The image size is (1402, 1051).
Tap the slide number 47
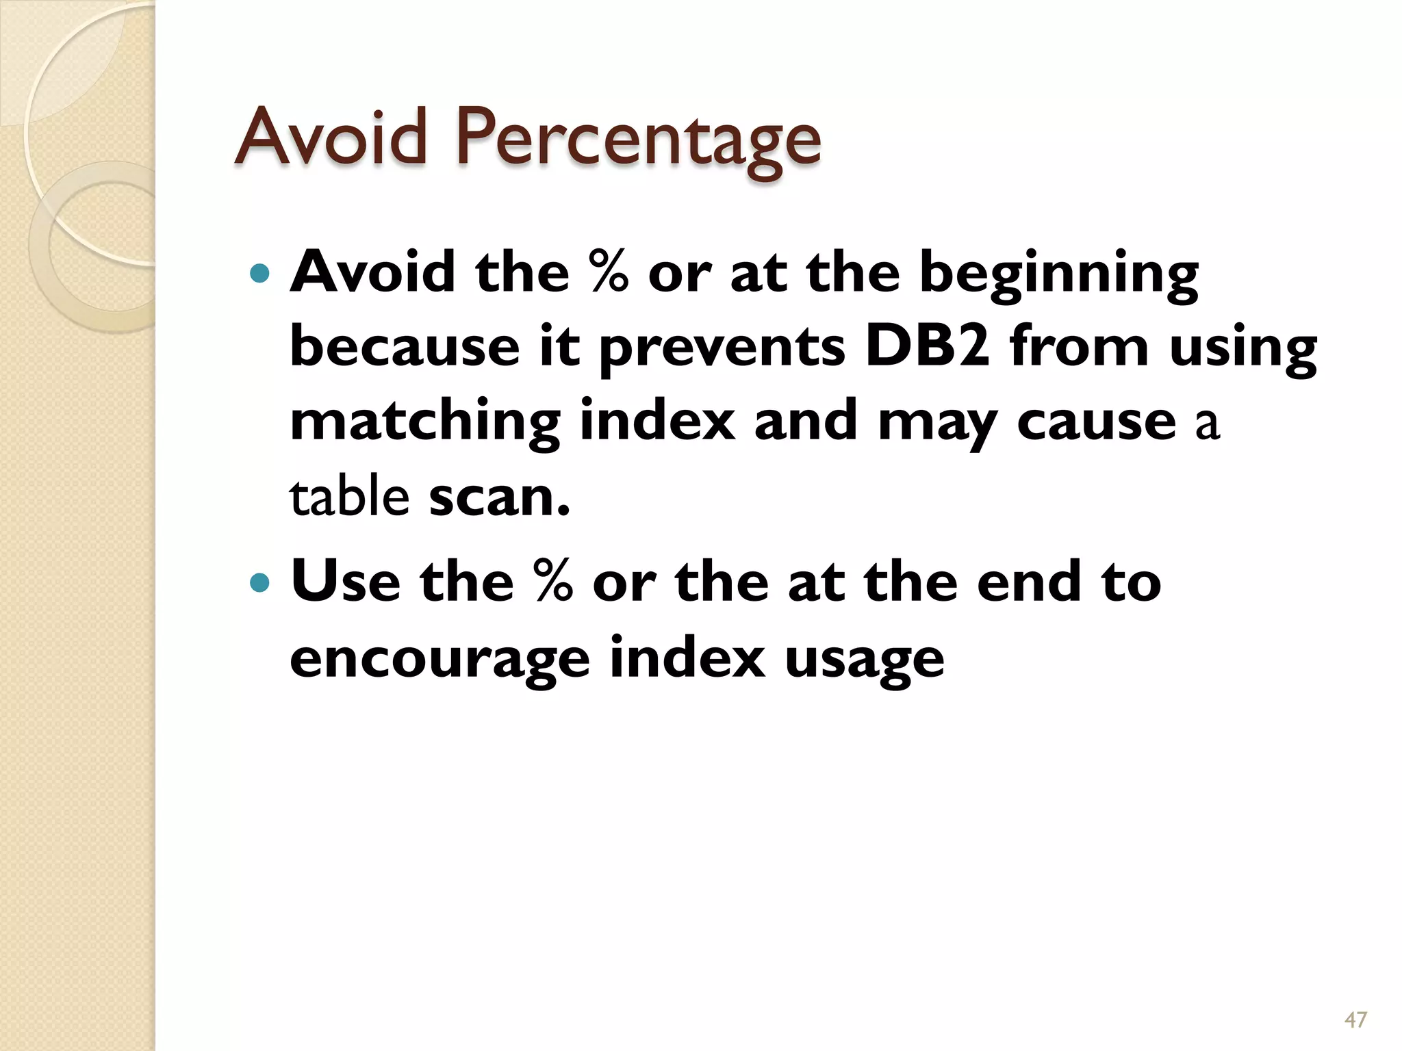point(1355,1020)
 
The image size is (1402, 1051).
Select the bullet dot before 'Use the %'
point(260,583)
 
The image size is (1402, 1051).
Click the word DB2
point(927,346)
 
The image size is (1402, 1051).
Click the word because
point(405,346)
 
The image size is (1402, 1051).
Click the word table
point(349,496)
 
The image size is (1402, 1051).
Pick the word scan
point(499,497)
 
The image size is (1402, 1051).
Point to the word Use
point(345,582)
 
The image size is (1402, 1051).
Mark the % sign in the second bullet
point(553,582)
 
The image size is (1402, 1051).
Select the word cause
point(1096,421)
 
